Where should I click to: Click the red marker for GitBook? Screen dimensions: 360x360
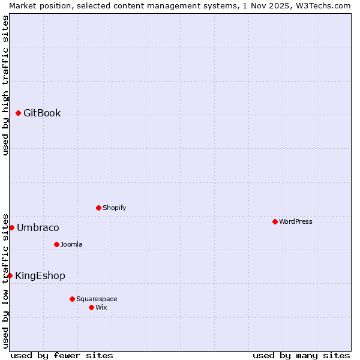point(18,113)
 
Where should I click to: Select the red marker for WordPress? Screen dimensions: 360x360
point(275,221)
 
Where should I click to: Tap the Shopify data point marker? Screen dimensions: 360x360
point(98,208)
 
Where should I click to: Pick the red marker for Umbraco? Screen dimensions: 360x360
point(11,227)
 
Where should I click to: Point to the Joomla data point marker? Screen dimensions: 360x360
point(56,244)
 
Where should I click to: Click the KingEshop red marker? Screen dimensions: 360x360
point(10,275)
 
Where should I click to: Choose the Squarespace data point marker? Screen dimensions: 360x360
point(72,299)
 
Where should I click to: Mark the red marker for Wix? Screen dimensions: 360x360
point(91,307)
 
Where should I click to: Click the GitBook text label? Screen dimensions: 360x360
point(42,113)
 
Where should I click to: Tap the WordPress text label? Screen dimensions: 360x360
point(296,221)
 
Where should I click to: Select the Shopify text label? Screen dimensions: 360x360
point(114,208)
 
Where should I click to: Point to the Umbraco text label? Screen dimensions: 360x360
point(38,227)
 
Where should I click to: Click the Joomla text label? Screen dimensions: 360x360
point(71,244)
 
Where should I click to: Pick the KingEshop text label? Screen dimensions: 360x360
point(40,275)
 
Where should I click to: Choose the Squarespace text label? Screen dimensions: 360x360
point(97,299)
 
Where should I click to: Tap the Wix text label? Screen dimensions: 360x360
point(101,307)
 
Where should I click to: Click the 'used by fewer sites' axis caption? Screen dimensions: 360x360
point(62,355)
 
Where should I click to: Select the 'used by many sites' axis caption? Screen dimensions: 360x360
point(301,355)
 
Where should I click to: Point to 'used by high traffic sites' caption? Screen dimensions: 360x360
point(5,85)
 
